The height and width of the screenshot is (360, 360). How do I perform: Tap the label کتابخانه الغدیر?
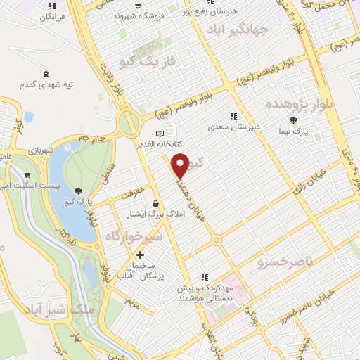[160, 143]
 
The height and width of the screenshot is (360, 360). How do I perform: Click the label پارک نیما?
[302, 131]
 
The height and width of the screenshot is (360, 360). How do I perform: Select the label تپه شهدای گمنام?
[47, 84]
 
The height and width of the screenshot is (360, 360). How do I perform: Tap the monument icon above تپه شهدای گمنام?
[47, 74]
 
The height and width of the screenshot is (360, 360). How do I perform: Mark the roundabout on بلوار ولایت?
[129, 123]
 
